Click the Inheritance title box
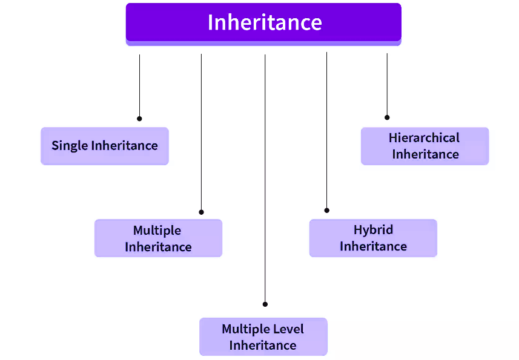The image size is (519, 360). [263, 22]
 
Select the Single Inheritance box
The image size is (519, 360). [104, 146]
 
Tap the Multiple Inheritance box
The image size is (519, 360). [158, 238]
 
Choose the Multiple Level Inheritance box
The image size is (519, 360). [263, 336]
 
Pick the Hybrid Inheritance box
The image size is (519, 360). [373, 238]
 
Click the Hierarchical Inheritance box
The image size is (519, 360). [425, 146]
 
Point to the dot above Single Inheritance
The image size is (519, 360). [139, 119]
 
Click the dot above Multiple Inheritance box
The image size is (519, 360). [201, 212]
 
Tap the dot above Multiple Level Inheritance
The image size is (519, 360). [265, 304]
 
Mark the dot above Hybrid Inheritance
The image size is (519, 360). [327, 211]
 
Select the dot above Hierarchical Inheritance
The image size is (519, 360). [387, 117]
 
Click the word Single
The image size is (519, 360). [70, 146]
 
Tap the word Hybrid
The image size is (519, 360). [373, 230]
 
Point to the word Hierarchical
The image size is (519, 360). [424, 138]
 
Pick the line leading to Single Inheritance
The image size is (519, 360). [139, 85]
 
